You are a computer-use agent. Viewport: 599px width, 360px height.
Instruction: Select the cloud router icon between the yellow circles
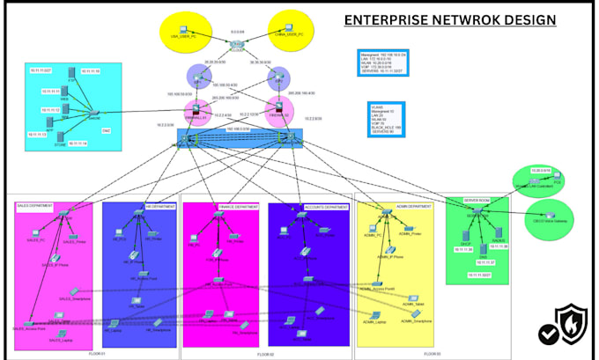pos(235,44)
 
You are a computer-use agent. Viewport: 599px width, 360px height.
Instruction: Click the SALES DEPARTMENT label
pos(35,207)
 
